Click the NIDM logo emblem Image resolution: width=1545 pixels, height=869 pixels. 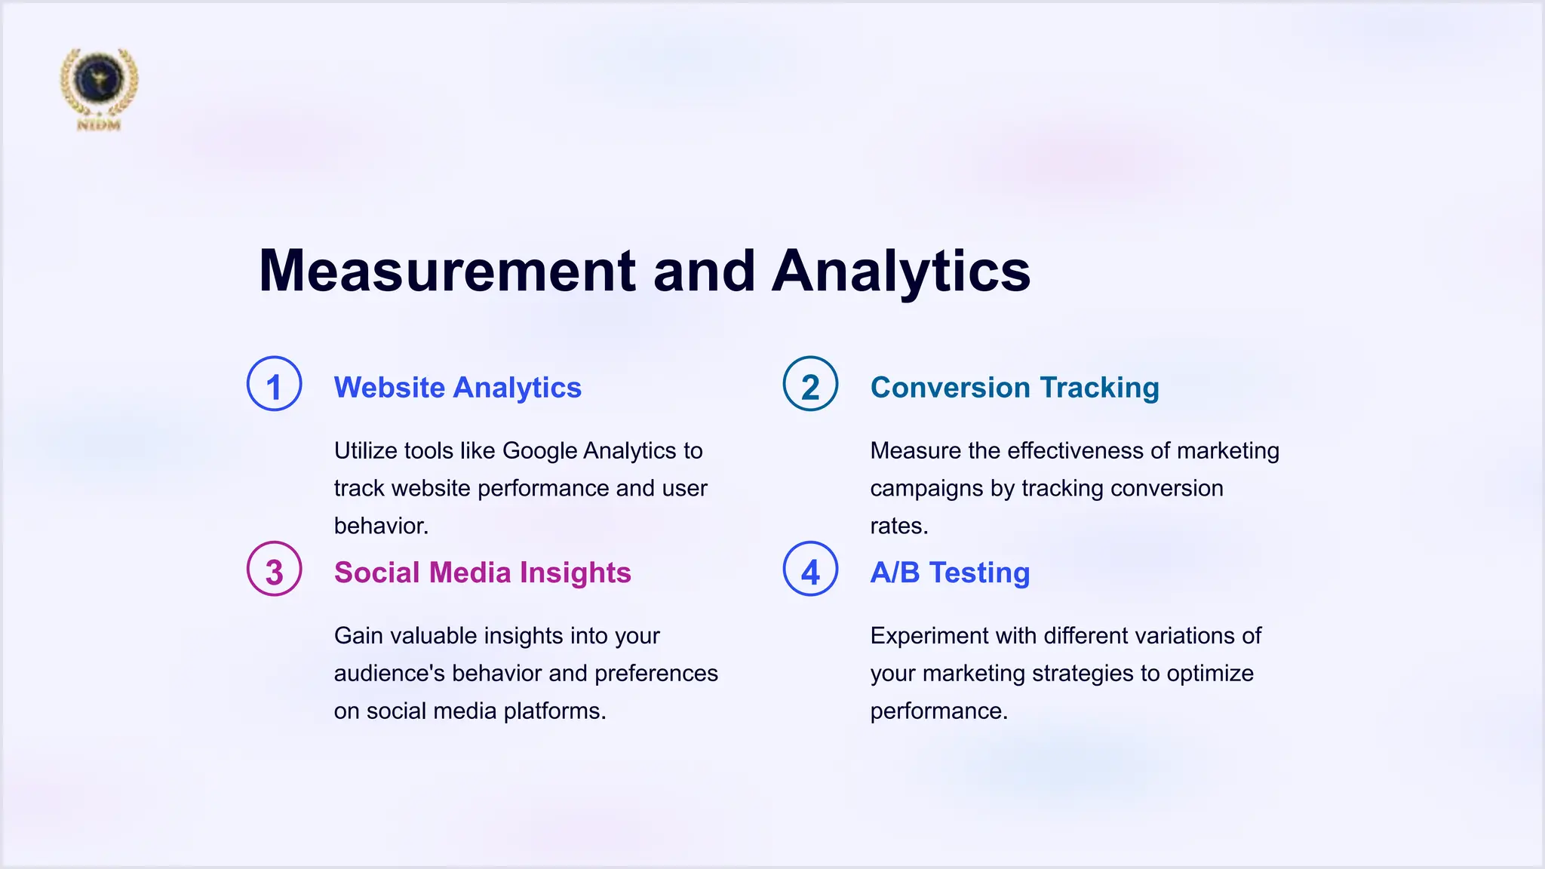99,87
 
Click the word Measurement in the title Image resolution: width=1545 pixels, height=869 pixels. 447,271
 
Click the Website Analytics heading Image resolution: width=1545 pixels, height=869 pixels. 457,388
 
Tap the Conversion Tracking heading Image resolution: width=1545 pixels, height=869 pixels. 1014,388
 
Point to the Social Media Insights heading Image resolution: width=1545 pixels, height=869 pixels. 482,573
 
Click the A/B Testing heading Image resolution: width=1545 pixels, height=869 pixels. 950,573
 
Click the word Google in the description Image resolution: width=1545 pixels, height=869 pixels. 539,451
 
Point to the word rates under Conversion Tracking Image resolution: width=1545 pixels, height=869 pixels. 898,527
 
